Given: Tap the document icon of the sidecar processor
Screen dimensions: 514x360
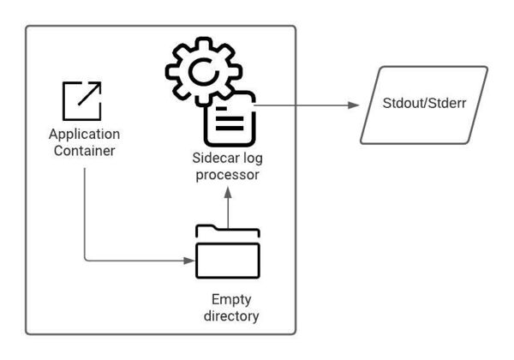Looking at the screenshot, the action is (x=230, y=118).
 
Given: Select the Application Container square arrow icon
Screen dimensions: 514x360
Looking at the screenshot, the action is (x=82, y=101).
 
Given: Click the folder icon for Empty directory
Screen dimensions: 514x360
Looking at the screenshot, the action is (x=228, y=251).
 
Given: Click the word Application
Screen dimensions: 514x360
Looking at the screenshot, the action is (x=84, y=135).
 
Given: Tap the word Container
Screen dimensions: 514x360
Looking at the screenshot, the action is (x=84, y=151).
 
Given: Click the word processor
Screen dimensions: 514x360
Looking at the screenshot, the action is (x=227, y=175).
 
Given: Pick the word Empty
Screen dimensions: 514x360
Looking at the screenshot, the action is (x=231, y=300).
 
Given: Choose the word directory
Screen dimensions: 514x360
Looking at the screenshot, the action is (x=231, y=316).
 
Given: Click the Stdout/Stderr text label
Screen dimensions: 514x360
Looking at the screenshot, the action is (x=424, y=103).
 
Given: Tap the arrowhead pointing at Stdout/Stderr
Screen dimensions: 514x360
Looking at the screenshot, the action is (x=354, y=105).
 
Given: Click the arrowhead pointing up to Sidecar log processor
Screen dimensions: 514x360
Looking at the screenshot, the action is (x=228, y=193).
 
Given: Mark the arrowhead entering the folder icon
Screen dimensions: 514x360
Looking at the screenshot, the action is (x=189, y=261).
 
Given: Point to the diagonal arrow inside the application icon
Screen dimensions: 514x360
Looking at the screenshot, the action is (x=89, y=94).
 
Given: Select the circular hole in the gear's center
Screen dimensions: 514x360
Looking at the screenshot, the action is (x=204, y=72).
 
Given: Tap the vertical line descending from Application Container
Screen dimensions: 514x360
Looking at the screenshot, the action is (x=85, y=213).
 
